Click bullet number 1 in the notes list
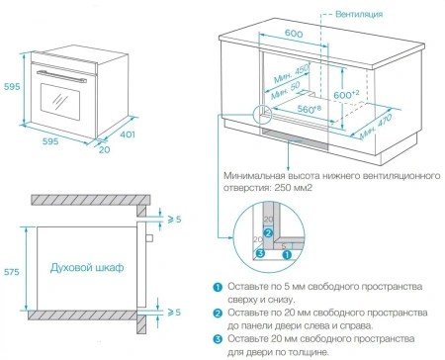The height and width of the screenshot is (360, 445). click(217, 288)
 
